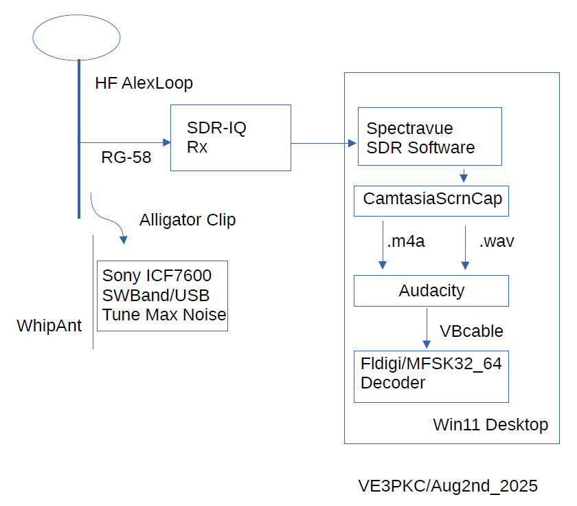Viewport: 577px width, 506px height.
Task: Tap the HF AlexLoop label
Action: coord(144,84)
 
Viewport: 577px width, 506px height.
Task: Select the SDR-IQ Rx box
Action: coord(230,137)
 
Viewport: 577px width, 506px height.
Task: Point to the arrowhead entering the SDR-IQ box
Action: coord(166,143)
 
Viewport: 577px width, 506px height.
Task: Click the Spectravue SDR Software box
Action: coord(429,136)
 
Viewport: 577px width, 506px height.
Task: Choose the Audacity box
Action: coord(431,290)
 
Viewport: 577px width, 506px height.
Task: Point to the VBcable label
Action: coord(471,331)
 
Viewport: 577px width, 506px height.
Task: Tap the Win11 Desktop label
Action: coord(490,424)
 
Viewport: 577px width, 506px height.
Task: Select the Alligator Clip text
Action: coord(188,221)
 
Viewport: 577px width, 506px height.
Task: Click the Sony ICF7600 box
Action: coord(162,296)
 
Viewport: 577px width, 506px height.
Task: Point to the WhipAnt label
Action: coord(49,325)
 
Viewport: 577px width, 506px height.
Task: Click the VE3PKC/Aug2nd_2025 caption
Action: coord(448,485)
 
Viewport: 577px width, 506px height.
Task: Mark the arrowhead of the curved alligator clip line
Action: coord(124,240)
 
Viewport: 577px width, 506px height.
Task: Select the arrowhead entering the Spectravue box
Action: coord(353,144)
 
